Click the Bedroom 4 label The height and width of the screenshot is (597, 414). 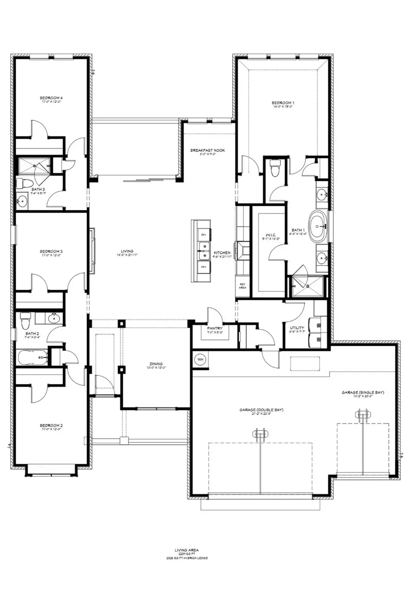coord(51,98)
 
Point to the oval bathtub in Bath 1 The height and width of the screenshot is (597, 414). coord(318,226)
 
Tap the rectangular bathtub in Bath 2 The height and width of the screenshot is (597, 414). coord(32,357)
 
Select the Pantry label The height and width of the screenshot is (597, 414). coord(215,328)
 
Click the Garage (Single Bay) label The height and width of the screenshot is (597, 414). coord(362,393)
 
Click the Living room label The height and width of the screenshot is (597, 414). coord(127,251)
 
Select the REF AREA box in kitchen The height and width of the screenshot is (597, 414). coord(242,286)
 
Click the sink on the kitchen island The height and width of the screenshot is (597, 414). coord(203,250)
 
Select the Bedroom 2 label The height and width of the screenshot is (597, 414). coord(51,426)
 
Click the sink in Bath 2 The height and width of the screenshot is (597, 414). coord(54,317)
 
